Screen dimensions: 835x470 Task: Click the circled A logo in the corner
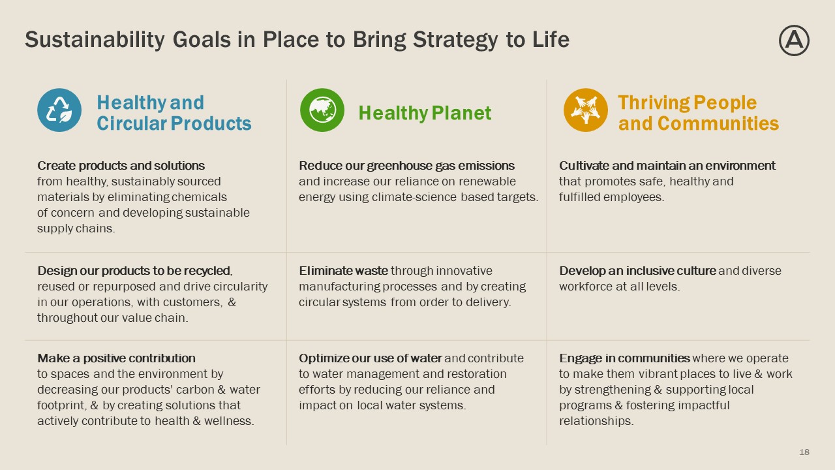(794, 40)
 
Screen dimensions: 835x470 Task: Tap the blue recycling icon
(59, 110)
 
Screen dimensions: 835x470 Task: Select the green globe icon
(322, 110)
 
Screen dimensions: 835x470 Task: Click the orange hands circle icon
(586, 110)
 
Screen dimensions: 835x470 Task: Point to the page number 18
(804, 452)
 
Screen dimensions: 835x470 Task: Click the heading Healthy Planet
(425, 113)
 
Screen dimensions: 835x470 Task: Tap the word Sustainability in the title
(95, 40)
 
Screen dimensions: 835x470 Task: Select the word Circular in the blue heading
(131, 123)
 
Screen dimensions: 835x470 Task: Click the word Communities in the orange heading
(718, 123)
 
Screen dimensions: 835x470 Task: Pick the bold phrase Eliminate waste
(343, 271)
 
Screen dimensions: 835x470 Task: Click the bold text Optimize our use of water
(370, 358)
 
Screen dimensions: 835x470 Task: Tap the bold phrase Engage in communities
(624, 358)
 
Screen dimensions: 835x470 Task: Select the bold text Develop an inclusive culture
(637, 271)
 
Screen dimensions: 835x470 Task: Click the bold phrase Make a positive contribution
(116, 358)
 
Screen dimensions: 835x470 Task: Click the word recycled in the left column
(212, 271)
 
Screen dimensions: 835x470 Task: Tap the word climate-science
(414, 197)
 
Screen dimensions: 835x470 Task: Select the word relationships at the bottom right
(596, 421)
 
